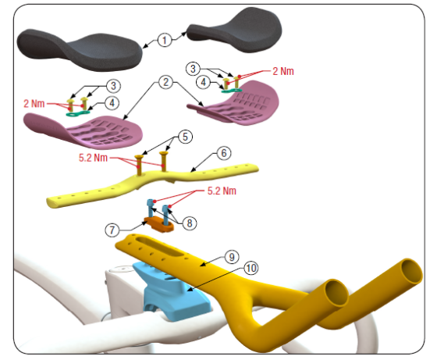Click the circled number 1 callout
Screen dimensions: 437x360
click(165, 40)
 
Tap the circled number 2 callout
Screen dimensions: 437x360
click(165, 82)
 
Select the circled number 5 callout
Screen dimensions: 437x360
click(186, 137)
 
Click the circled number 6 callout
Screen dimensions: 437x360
click(224, 153)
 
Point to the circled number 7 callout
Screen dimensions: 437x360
click(112, 230)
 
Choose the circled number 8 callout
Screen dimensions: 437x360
click(190, 223)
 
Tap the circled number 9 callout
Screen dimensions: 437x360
click(232, 257)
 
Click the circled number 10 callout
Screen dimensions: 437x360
click(251, 269)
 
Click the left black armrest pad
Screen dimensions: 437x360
click(80, 50)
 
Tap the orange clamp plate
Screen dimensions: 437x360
click(158, 225)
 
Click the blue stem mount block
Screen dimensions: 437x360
click(172, 293)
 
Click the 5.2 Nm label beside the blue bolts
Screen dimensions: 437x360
click(222, 191)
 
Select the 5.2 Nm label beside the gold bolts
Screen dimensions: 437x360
click(93, 158)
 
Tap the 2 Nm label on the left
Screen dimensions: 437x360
click(34, 104)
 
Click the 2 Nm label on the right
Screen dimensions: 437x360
click(283, 71)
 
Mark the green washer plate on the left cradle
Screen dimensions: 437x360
click(78, 113)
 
